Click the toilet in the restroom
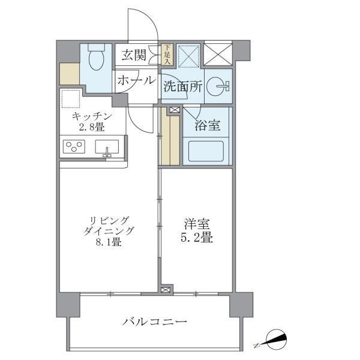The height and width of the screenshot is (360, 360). pyautogui.click(x=95, y=59)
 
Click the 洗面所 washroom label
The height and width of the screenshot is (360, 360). pyautogui.click(x=182, y=86)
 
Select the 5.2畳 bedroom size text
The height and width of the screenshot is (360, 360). pyautogui.click(x=197, y=237)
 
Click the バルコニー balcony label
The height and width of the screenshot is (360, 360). pyautogui.click(x=155, y=322)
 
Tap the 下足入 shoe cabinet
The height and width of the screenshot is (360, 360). pyautogui.click(x=167, y=55)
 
